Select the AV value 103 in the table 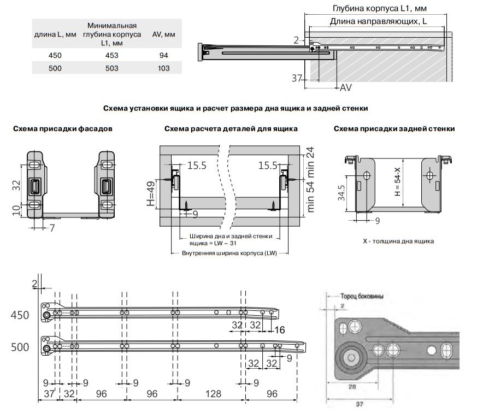point(161,68)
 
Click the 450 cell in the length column point(55,55)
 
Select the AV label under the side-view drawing point(345,87)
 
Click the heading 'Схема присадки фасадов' point(63,129)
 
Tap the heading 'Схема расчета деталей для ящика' point(231,129)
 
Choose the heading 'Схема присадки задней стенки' point(393,129)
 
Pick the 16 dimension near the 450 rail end point(279,330)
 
